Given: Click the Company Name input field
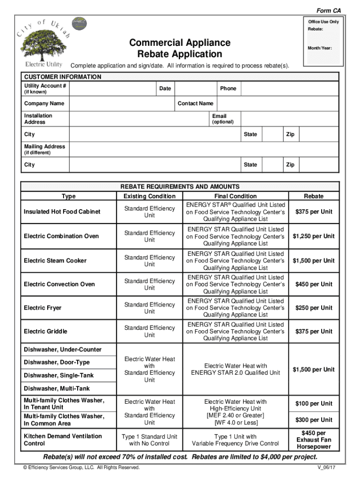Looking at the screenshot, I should click(x=121, y=103).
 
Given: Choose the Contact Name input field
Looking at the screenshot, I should click(x=277, y=103).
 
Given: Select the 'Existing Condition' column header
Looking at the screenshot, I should click(x=149, y=196).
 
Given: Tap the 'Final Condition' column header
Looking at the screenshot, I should click(x=236, y=196).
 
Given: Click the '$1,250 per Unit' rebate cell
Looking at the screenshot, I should click(x=314, y=236).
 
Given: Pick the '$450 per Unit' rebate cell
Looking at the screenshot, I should click(x=314, y=284).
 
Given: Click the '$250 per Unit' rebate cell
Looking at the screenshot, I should click(x=314, y=308).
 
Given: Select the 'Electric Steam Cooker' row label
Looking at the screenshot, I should click(x=55, y=261).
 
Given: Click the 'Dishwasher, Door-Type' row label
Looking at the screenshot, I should click(x=57, y=363).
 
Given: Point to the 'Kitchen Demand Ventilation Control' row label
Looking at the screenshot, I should click(x=63, y=440).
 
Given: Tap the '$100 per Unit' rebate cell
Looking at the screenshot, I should click(x=314, y=404).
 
